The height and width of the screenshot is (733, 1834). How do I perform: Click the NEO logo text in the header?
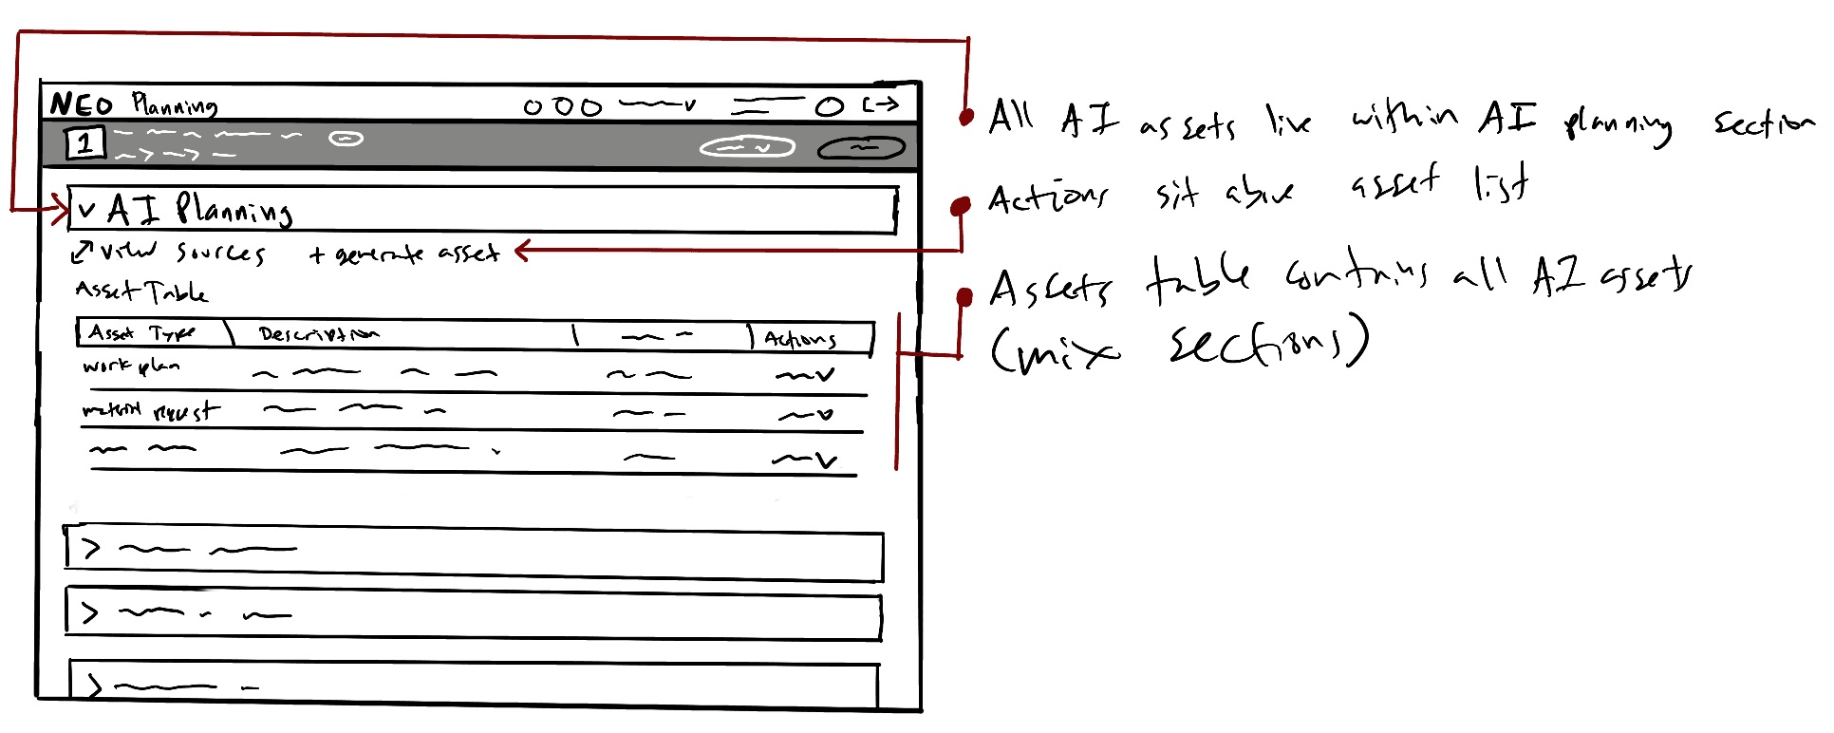(82, 103)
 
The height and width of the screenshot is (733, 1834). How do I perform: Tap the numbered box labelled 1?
(84, 143)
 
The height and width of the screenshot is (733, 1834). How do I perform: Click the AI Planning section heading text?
(199, 210)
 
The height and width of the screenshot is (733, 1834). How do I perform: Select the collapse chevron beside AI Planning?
(87, 210)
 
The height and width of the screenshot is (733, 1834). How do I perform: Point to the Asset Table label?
(141, 291)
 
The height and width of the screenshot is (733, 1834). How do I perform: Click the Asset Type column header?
(141, 333)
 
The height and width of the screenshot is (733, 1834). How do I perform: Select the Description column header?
(318, 334)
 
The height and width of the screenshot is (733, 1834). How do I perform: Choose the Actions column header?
(800, 339)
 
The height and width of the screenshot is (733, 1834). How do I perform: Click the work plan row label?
(131, 366)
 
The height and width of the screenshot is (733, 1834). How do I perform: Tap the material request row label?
(150, 411)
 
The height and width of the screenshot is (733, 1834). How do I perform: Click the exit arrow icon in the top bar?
(880, 104)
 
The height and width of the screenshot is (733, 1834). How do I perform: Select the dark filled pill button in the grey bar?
(861, 148)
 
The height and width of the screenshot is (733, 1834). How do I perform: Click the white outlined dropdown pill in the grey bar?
(747, 147)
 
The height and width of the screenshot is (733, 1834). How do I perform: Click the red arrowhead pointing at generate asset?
(522, 251)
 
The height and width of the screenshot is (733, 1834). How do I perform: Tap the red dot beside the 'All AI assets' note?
(966, 117)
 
